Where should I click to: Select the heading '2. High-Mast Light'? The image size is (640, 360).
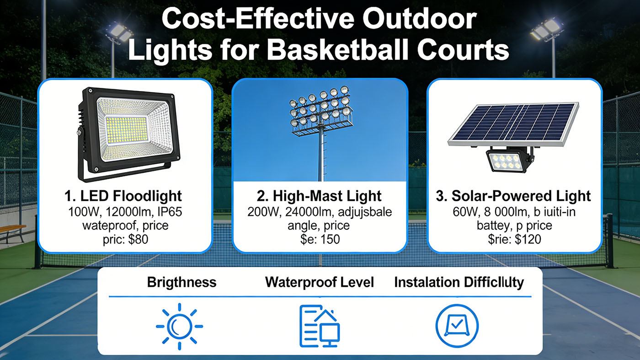(320, 196)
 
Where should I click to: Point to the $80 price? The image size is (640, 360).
(138, 239)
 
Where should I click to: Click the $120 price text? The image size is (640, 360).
(527, 239)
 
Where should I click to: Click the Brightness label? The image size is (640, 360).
(181, 282)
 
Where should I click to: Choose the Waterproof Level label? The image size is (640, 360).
(320, 282)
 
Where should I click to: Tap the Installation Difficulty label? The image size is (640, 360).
(459, 282)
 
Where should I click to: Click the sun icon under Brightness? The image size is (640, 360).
(179, 326)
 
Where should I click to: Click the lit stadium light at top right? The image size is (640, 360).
(546, 30)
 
